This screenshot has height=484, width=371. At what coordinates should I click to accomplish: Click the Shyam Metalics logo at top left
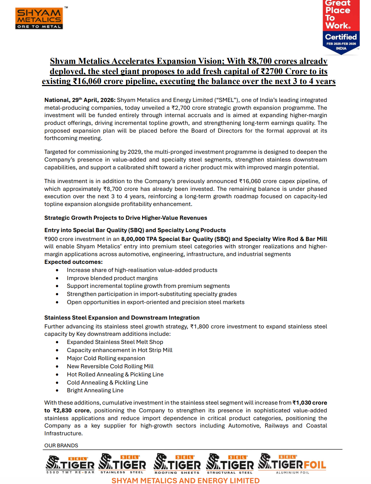(x=39, y=19)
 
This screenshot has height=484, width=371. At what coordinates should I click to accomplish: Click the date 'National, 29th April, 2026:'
(x=80, y=100)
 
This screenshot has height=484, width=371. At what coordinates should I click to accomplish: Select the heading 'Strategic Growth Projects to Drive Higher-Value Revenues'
(x=126, y=218)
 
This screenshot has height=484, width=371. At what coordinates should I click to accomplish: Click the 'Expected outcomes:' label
(x=73, y=262)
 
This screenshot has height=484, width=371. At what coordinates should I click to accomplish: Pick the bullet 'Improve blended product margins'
(x=112, y=278)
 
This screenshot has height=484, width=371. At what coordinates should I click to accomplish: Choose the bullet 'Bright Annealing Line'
(x=95, y=391)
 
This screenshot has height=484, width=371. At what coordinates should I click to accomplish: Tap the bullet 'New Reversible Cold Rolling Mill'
(x=110, y=367)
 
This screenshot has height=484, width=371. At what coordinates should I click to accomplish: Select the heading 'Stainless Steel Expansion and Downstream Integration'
(x=122, y=318)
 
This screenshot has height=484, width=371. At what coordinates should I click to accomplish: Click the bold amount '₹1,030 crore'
(x=310, y=403)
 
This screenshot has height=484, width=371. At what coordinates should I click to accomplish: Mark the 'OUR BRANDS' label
(x=61, y=446)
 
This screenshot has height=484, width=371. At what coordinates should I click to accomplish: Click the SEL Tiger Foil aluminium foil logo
(x=292, y=464)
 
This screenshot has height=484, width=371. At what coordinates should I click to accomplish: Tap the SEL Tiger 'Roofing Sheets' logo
(x=177, y=464)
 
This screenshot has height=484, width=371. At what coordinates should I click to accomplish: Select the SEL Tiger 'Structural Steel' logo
(x=230, y=464)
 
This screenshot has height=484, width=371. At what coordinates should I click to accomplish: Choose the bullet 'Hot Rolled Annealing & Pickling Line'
(x=115, y=375)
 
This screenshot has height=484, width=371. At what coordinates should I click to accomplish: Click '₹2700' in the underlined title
(x=272, y=72)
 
